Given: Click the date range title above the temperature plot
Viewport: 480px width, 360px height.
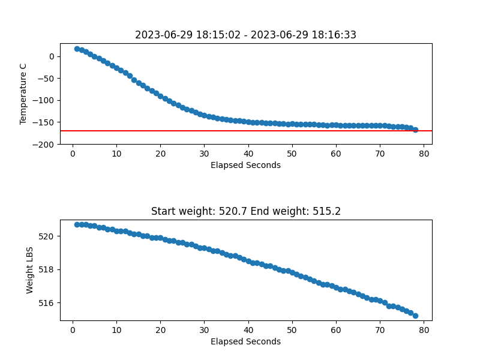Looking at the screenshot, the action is (x=245, y=35).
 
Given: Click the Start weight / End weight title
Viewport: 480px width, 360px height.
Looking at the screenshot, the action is (x=246, y=211).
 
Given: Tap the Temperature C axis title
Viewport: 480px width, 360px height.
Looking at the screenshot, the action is (x=23, y=94).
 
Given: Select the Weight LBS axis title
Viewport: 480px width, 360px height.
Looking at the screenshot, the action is (x=29, y=271).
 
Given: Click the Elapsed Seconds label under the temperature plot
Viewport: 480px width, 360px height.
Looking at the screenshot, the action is (x=245, y=166).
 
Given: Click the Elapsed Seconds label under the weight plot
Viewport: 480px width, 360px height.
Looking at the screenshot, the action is (x=245, y=341).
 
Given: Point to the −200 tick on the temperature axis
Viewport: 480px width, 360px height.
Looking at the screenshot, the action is (x=43, y=145).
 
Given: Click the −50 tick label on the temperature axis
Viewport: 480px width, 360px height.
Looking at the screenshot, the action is (x=46, y=79).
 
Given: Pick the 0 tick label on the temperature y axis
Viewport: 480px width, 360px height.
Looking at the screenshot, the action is (x=52, y=56).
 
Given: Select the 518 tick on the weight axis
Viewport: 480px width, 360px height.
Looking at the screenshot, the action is (x=46, y=269).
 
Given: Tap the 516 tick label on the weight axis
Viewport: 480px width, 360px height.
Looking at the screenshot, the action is (x=46, y=303).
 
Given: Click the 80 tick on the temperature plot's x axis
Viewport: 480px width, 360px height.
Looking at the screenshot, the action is (x=424, y=154).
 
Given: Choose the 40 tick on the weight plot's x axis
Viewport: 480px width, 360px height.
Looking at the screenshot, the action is (x=248, y=330).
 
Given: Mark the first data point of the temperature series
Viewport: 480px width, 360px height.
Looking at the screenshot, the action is (x=77, y=49).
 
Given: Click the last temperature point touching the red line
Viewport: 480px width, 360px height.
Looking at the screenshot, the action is (x=415, y=130).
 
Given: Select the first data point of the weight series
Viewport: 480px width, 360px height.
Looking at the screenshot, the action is (x=77, y=224).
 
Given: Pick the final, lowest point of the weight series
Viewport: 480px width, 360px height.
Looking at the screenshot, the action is (x=415, y=316).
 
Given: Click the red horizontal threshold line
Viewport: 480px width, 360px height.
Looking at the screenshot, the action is (x=246, y=131).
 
